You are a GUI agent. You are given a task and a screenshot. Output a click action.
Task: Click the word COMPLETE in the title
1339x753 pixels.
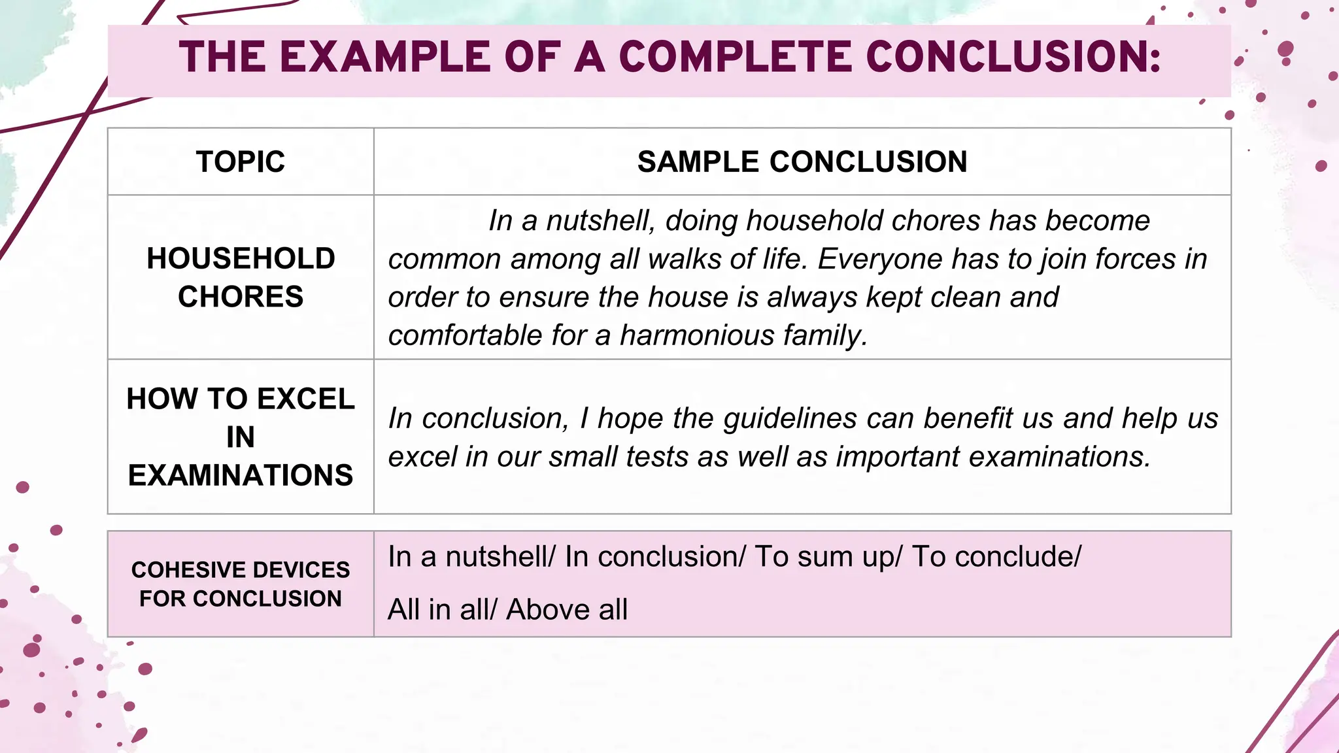pos(736,57)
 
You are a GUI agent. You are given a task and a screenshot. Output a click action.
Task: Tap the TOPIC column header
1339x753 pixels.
pos(241,161)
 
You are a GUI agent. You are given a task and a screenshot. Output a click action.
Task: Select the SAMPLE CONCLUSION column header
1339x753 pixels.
pos(802,161)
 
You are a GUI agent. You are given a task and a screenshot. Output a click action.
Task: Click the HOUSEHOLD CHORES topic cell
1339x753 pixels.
pos(241,277)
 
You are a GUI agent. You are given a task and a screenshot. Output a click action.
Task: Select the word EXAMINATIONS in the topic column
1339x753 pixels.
pos(241,475)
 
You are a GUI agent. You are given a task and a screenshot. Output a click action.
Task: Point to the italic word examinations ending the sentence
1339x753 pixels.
pos(1059,457)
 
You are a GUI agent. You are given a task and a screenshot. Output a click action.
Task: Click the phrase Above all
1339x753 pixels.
pos(567,610)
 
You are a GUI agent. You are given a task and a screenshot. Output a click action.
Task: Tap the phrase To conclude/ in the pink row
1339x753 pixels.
pos(996,557)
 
